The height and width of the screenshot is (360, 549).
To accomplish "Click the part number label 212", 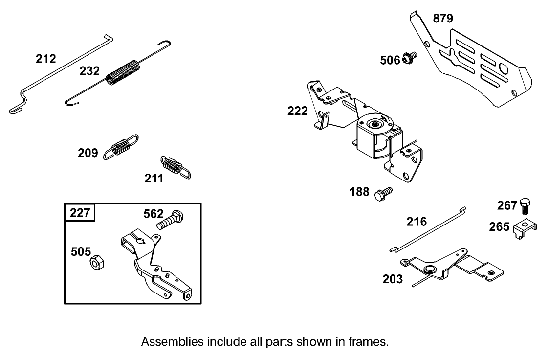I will tap(46, 59).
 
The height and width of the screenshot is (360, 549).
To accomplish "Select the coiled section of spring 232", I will tap(123, 72).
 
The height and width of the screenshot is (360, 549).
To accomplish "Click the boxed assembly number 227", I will tap(80, 214).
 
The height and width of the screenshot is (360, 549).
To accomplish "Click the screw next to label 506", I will tap(409, 59).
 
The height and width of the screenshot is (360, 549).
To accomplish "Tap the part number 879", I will tap(443, 19).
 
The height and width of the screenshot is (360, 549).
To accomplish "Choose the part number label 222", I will tap(298, 111).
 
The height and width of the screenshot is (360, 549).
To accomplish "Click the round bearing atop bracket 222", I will tap(376, 124).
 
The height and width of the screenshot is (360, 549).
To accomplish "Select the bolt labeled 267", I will tap(526, 205).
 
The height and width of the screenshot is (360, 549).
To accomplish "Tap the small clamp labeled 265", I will tap(525, 228).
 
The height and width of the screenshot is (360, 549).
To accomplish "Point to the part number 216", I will tap(417, 222).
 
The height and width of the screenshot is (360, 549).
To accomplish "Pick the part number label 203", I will tap(393, 279).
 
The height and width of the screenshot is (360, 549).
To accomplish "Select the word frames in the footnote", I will tap(371, 342).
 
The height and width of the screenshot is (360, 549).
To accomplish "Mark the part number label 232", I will tap(90, 71).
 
